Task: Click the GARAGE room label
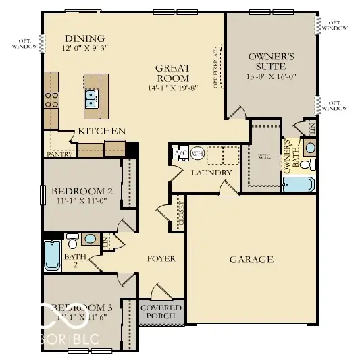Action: [251, 259]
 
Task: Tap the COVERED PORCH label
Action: [161, 311]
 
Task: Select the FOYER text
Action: [161, 258]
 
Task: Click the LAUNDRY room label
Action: [212, 173]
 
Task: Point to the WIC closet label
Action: [265, 155]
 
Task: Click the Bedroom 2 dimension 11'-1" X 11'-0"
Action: [81, 200]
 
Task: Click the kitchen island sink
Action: [92, 99]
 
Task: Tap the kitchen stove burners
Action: [51, 100]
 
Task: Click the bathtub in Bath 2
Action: [52, 255]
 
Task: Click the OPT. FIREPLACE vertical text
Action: [217, 67]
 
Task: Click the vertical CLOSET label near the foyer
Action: [180, 213]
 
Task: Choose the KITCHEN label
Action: [101, 130]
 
